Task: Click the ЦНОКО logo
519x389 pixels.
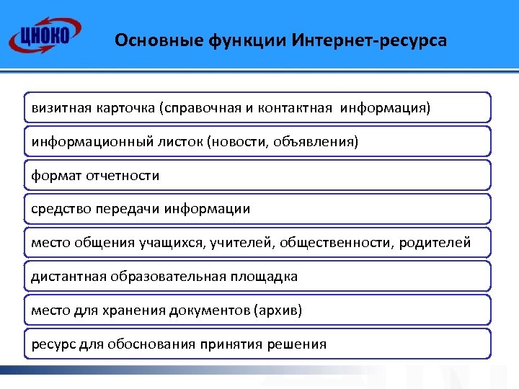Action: pyautogui.click(x=44, y=35)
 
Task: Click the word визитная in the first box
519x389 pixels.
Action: pyautogui.click(x=61, y=108)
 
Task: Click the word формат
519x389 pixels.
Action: pyautogui.click(x=56, y=176)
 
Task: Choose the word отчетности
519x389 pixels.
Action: pyautogui.click(x=122, y=176)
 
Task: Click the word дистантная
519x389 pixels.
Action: pyautogui.click(x=67, y=277)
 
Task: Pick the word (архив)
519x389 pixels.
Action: pyautogui.click(x=278, y=310)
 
